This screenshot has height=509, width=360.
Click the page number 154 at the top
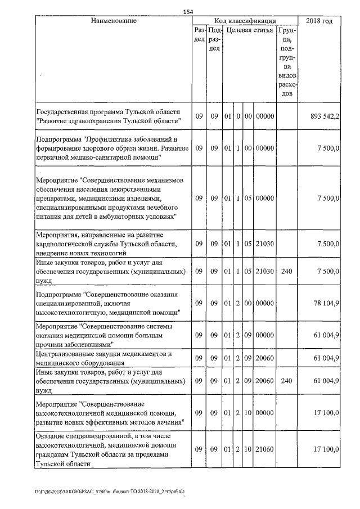click(x=188, y=12)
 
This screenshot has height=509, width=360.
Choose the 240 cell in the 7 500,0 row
click(x=286, y=271)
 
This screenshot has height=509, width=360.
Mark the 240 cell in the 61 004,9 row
click(x=286, y=381)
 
